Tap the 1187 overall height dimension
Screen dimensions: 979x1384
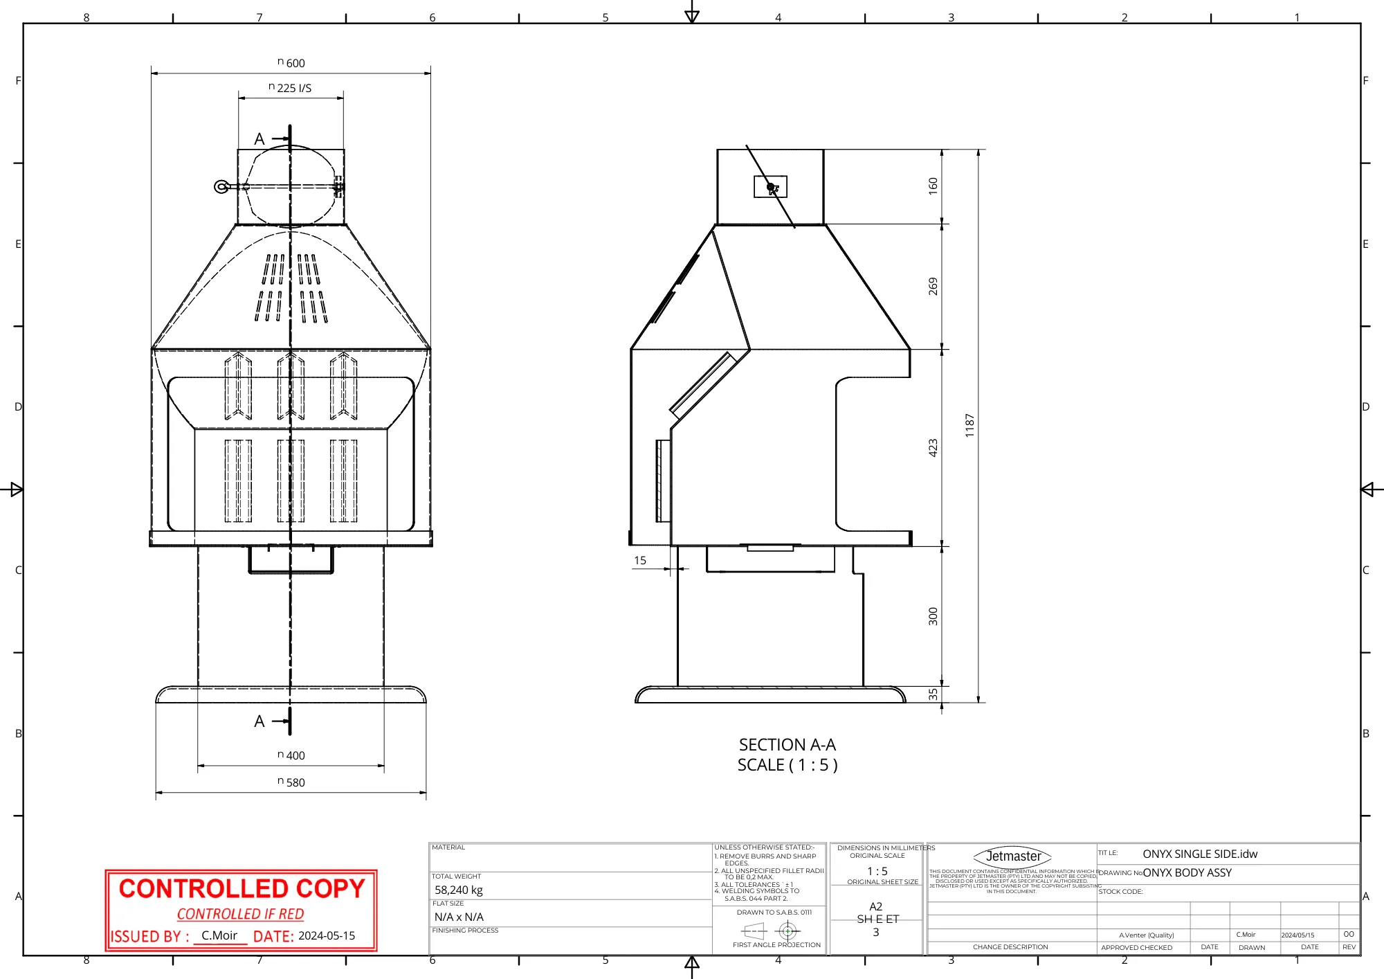point(969,425)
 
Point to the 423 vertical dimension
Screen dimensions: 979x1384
point(933,447)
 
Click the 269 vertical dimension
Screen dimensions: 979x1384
point(933,286)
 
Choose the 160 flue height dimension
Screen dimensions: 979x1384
point(933,186)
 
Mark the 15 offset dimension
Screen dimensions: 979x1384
point(640,560)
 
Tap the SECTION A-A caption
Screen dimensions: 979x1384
point(787,745)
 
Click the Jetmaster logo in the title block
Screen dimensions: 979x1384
point(1012,856)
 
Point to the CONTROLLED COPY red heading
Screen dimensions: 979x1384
point(242,888)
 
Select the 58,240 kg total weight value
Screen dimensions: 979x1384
point(459,890)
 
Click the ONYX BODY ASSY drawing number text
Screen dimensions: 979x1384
point(1187,872)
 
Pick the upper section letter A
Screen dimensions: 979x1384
point(259,139)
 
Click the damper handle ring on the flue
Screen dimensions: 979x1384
point(221,187)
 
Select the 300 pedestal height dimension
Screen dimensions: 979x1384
point(933,616)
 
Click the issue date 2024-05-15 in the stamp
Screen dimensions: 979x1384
point(327,935)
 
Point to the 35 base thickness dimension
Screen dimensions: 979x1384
point(933,694)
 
